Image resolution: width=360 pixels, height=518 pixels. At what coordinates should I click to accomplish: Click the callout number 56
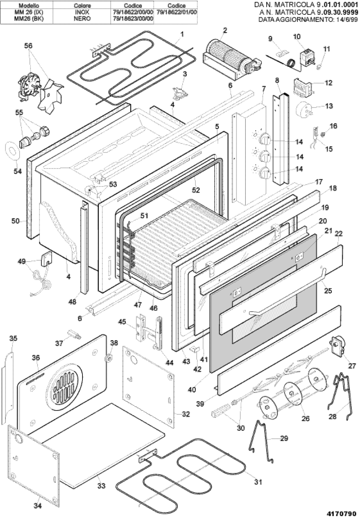28,46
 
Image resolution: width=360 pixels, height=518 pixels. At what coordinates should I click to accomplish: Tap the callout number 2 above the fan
225,30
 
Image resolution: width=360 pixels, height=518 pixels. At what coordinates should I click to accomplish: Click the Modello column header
28,6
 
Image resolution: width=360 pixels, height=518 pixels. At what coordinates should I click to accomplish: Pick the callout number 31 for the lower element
258,482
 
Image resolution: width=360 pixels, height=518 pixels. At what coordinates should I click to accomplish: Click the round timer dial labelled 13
303,109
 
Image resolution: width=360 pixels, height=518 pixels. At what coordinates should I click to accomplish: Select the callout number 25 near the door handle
328,290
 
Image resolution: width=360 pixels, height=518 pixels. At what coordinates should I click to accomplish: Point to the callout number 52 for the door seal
196,190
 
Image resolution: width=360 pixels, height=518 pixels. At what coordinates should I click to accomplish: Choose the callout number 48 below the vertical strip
72,302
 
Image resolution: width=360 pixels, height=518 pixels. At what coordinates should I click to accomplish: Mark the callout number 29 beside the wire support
284,438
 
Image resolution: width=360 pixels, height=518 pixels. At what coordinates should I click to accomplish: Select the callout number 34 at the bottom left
38,506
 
